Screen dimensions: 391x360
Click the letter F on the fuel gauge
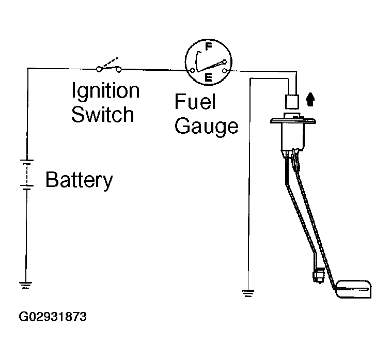209,46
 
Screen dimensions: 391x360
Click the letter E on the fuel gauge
209,77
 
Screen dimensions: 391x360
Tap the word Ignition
105,91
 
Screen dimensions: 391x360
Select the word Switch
103,114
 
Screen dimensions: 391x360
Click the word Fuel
195,101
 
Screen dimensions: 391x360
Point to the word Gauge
207,127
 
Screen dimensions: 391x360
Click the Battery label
80,180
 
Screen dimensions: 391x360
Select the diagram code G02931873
53,317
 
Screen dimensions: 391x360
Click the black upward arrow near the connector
310,100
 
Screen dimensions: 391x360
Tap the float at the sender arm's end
354,289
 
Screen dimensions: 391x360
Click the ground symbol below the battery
26,285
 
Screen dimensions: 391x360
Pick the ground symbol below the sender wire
248,293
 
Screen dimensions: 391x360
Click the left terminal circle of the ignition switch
99,69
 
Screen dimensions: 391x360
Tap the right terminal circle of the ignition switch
119,70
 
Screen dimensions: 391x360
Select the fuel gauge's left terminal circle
193,71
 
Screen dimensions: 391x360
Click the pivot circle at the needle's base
225,61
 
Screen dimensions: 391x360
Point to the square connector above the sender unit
292,102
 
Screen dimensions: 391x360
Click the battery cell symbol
27,175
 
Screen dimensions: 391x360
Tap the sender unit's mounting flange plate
293,121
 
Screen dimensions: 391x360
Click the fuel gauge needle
210,67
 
